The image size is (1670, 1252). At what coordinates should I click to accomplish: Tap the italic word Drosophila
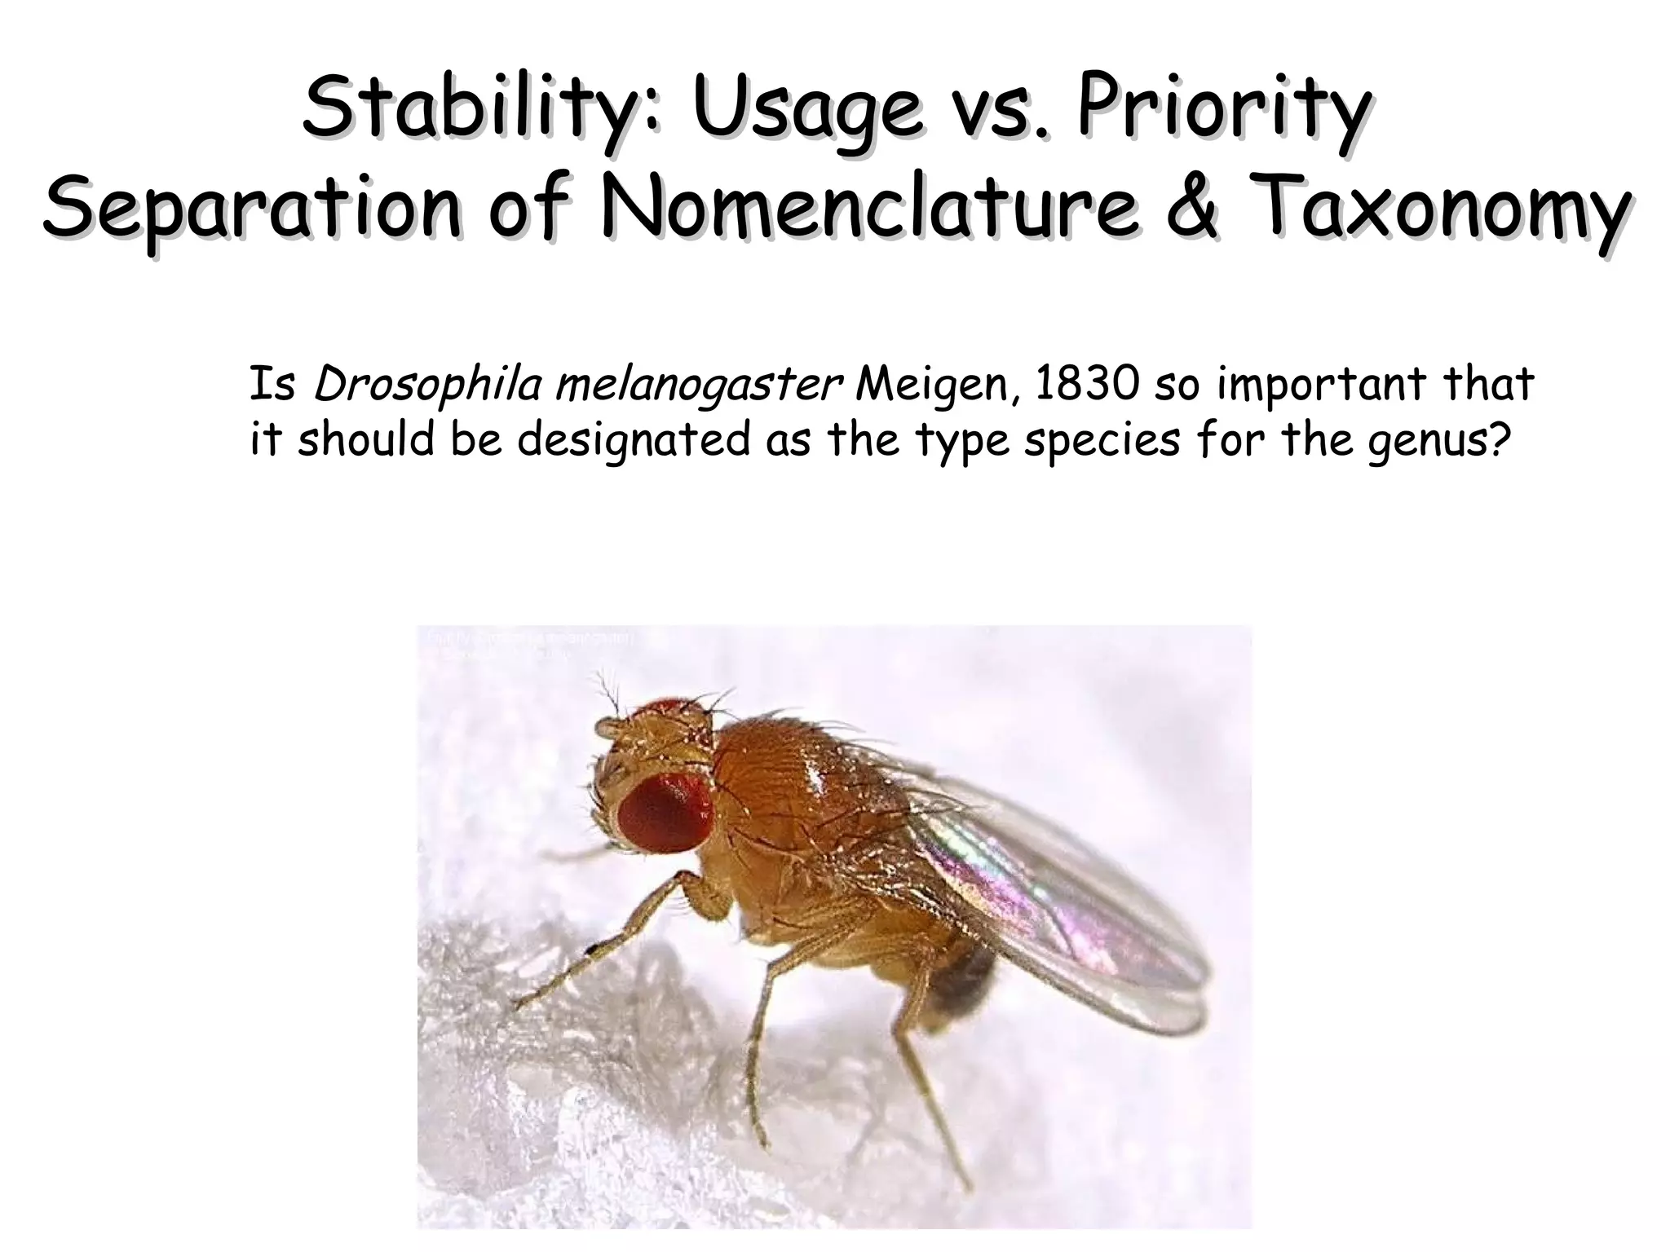[x=427, y=385]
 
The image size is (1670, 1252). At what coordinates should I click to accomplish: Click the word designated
[x=632, y=441]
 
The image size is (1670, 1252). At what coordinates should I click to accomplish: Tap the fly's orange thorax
[x=783, y=782]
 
